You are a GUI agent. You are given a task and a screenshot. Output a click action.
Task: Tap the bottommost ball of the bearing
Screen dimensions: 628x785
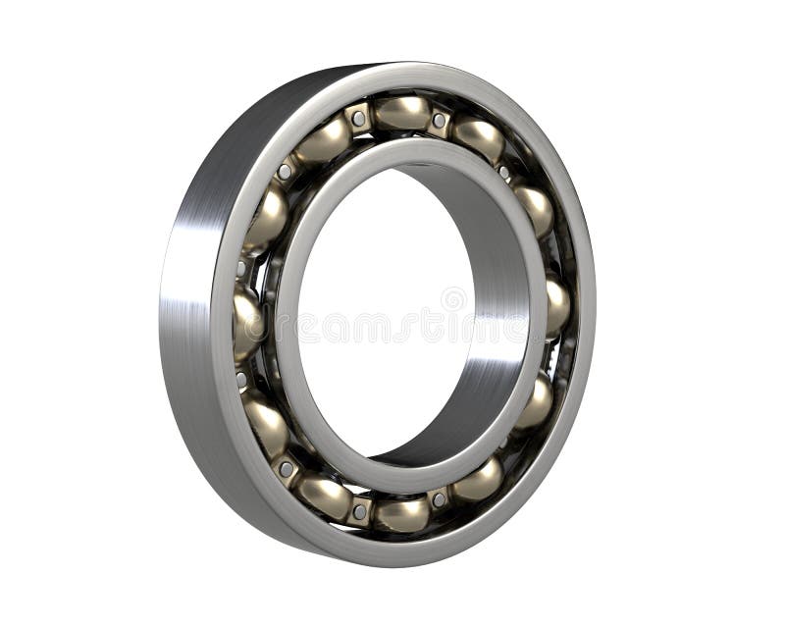click(401, 513)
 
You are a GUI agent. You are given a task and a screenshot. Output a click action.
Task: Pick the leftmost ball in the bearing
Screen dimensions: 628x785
click(246, 321)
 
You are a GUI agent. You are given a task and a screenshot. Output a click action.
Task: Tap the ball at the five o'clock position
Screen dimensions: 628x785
click(479, 482)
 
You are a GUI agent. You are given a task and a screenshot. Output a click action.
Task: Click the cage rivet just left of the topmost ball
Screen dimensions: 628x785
click(359, 119)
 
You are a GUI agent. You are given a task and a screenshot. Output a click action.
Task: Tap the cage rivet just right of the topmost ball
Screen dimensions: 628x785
click(440, 120)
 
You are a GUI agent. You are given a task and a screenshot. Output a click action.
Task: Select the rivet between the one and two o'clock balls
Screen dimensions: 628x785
click(504, 173)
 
